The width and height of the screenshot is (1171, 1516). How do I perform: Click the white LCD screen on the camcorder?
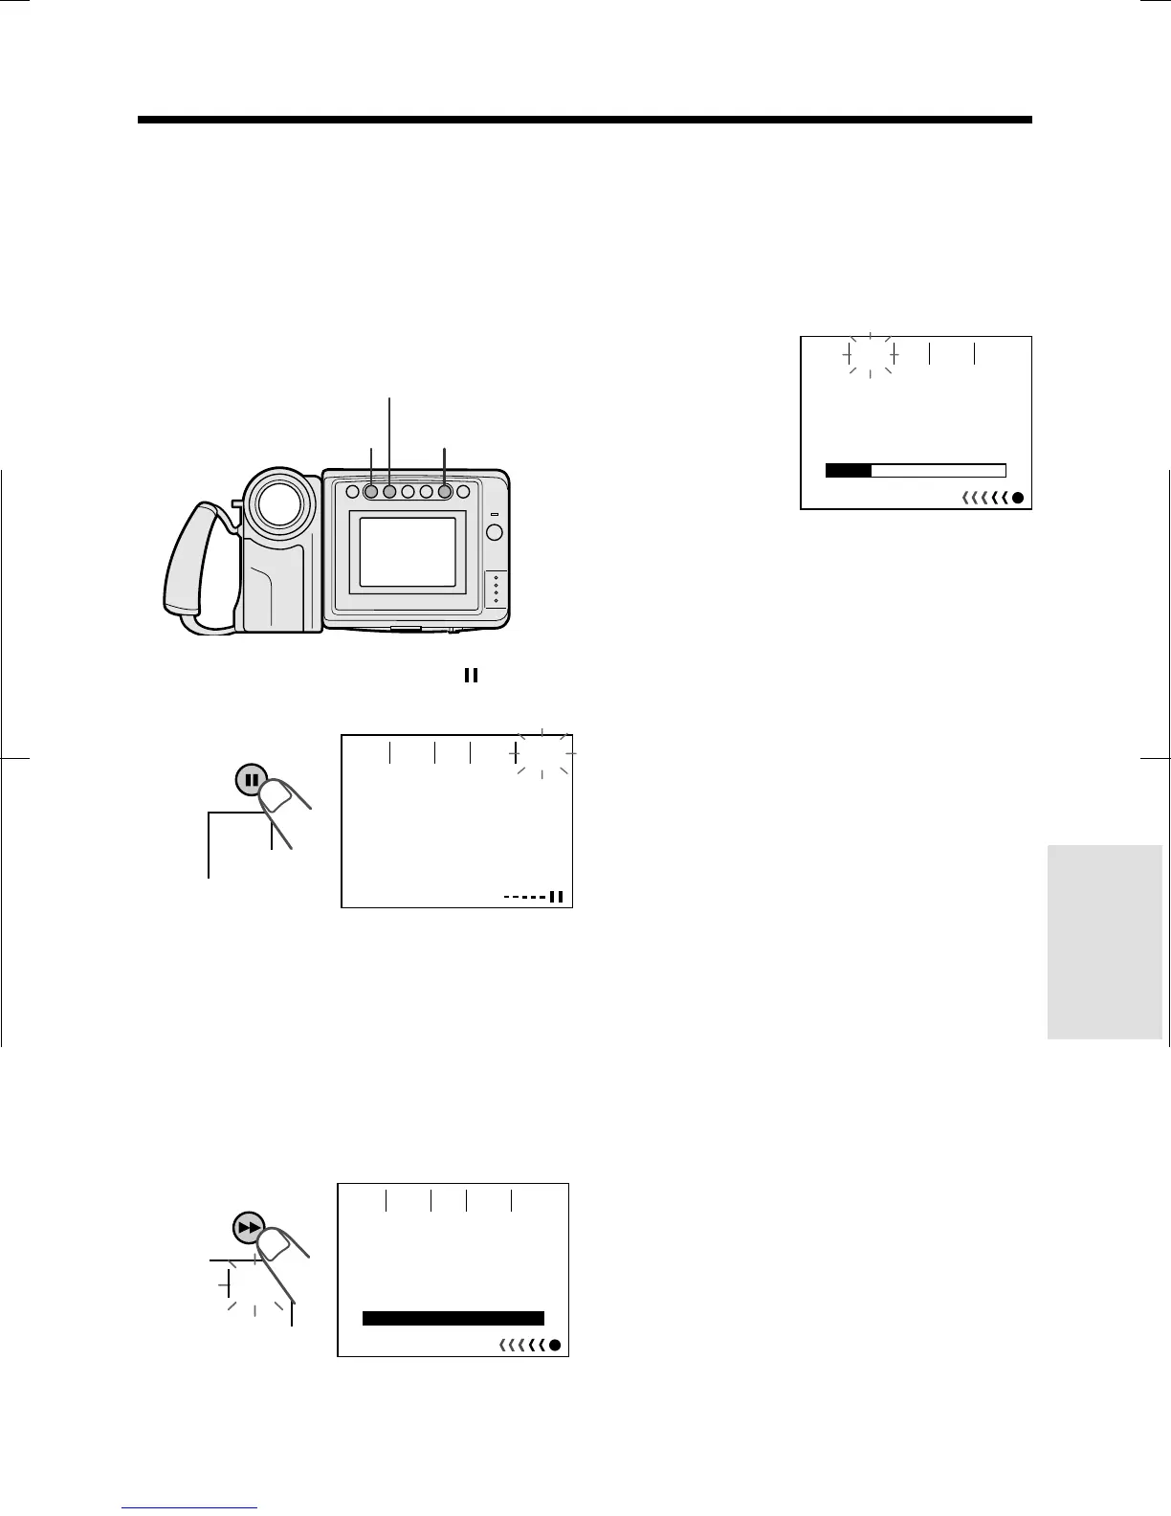(x=407, y=553)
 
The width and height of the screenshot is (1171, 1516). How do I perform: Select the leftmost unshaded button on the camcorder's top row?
(x=350, y=492)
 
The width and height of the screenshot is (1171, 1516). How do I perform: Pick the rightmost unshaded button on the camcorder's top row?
(x=464, y=492)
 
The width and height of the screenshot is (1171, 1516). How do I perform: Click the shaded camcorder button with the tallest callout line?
(x=389, y=492)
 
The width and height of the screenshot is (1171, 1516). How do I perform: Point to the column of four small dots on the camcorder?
(x=496, y=590)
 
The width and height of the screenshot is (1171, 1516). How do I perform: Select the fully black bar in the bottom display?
(x=453, y=1318)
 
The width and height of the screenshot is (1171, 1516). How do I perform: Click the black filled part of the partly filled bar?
(x=848, y=470)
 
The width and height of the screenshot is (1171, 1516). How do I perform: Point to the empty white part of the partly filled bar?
(x=938, y=470)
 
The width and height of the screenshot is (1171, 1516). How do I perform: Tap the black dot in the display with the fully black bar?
(x=555, y=1346)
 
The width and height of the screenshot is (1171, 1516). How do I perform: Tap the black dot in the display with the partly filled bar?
(x=1018, y=498)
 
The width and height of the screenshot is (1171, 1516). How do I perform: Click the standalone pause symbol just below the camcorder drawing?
(x=471, y=675)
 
